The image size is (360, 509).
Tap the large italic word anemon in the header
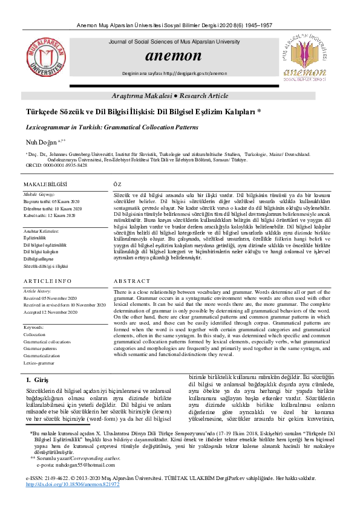point(173,56)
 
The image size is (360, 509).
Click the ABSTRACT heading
point(131,282)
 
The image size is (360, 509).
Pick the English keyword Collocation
point(34,334)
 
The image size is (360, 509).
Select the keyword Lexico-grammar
point(39,363)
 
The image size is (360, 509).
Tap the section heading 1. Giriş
point(37,380)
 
